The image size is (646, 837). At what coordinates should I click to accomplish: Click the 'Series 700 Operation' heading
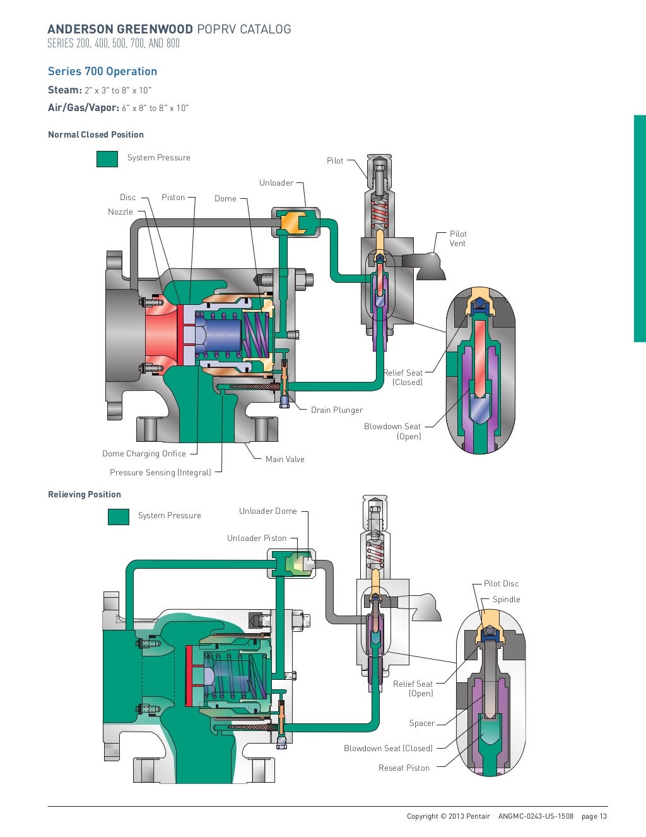tap(102, 71)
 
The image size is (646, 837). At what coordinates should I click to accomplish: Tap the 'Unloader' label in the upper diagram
tap(276, 183)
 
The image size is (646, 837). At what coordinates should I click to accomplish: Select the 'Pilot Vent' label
tap(458, 239)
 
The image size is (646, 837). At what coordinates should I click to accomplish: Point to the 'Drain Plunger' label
tap(337, 410)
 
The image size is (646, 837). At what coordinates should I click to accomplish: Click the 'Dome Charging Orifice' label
tap(144, 454)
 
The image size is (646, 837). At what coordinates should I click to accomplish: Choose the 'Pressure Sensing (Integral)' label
tap(160, 473)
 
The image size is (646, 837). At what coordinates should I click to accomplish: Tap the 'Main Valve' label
tap(285, 460)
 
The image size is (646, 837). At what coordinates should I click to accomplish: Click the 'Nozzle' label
tap(120, 212)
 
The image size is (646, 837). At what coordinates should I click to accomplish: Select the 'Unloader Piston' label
tap(257, 538)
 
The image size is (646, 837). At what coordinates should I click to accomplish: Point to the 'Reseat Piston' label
tap(404, 768)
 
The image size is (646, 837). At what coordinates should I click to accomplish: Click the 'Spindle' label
tap(507, 600)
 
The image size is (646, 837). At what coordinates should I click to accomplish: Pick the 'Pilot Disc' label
tap(502, 584)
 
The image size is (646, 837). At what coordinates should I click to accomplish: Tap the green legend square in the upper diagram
tap(107, 158)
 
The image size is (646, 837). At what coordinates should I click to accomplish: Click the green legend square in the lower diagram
tap(119, 516)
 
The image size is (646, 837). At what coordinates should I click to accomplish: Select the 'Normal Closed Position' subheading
tap(96, 134)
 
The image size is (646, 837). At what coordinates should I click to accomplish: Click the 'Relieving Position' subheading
tap(85, 494)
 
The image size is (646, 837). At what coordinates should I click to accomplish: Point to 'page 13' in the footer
tap(594, 816)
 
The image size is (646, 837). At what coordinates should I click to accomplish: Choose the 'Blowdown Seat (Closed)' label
tap(388, 749)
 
